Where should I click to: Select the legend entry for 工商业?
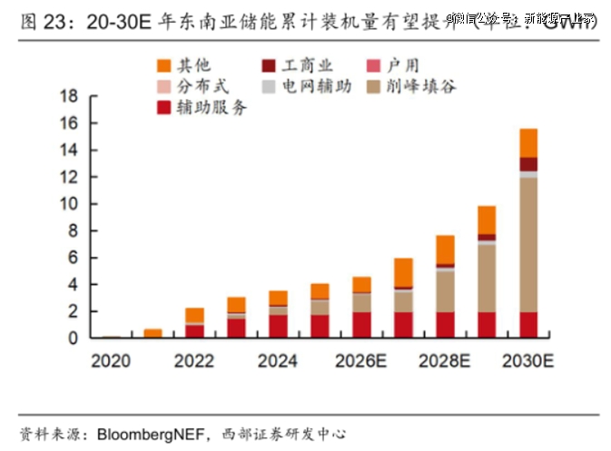coord(294,64)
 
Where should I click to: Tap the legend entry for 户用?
coord(396,64)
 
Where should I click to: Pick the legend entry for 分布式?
coord(192,86)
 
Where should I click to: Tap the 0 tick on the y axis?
coord(72,338)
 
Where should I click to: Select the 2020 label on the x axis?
coord(111,361)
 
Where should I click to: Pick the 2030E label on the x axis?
coord(529,361)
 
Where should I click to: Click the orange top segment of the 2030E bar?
coord(527,142)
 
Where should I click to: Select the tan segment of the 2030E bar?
coord(527,245)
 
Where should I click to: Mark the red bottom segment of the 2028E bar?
coord(444,325)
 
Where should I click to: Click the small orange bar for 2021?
coord(153,333)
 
